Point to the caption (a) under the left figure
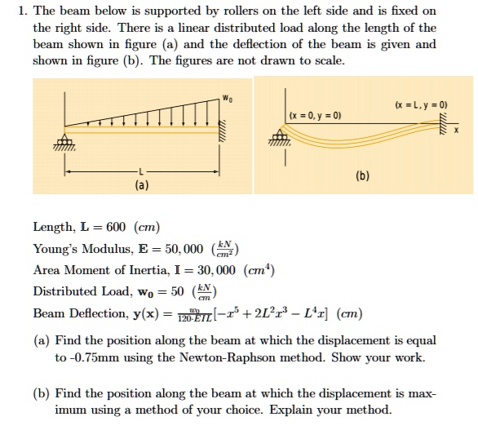[x=143, y=185]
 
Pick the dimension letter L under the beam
[x=143, y=171]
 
